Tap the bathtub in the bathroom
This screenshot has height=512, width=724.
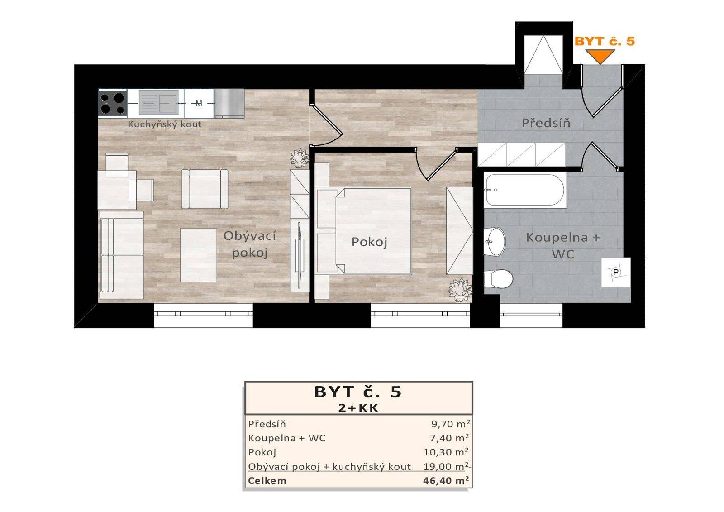[x=525, y=190]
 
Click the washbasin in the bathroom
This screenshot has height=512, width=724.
[x=495, y=241]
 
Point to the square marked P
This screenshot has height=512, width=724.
[x=616, y=273]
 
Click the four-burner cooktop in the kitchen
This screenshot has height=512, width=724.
[x=113, y=103]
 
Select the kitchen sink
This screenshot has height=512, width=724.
[x=159, y=102]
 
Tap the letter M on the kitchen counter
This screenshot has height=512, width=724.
[x=199, y=104]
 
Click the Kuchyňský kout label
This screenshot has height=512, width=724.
[x=165, y=124]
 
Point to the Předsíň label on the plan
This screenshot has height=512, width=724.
[x=546, y=123]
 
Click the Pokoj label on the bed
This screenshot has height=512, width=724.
[x=369, y=242]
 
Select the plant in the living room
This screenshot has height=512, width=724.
[x=299, y=158]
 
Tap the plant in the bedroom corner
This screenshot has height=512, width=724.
[x=460, y=290]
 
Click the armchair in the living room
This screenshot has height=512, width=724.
[x=205, y=189]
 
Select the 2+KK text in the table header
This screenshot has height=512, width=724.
[x=358, y=408]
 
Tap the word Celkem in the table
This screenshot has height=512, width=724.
[x=267, y=481]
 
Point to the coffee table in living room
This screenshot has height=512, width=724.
[x=199, y=255]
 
